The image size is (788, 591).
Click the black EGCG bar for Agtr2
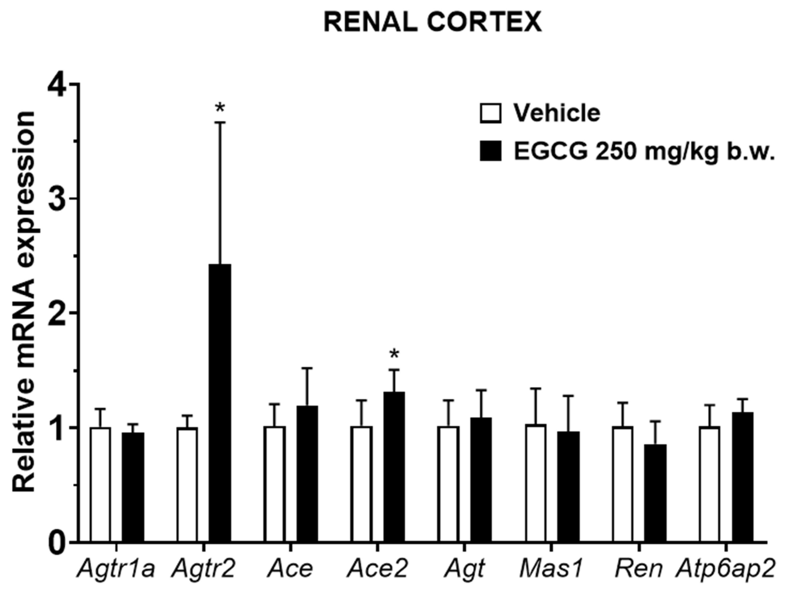click(x=220, y=403)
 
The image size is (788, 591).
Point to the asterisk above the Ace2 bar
click(x=394, y=354)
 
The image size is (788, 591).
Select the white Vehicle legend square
click(x=491, y=114)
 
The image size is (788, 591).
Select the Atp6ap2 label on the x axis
click(x=726, y=569)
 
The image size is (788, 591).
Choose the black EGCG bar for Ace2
click(x=394, y=467)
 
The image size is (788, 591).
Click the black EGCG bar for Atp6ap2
click(x=742, y=477)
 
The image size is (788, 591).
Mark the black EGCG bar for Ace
click(x=308, y=474)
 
